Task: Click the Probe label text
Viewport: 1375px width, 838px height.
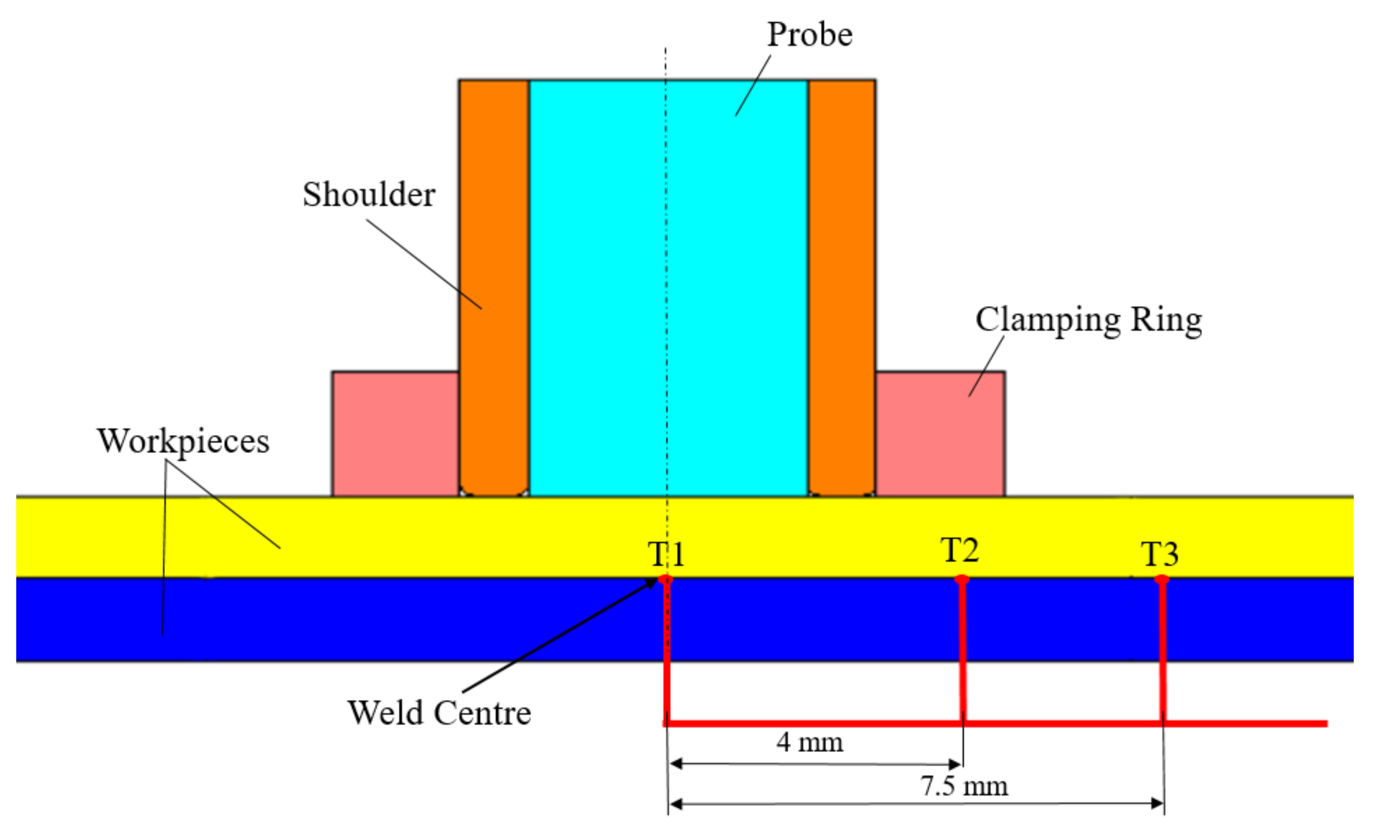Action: pos(810,34)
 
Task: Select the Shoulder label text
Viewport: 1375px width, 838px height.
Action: pos(369,195)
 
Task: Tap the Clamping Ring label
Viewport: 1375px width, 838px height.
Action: pos(1088,320)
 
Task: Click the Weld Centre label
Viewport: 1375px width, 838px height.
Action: pos(439,713)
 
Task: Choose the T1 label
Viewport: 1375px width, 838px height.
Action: pos(666,554)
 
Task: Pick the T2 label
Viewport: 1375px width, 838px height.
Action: pos(959,550)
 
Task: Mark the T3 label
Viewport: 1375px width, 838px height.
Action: pos(1159,554)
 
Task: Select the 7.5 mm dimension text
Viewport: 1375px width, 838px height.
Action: pos(964,786)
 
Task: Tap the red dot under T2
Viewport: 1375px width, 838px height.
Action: pos(961,580)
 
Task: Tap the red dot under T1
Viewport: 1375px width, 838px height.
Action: pos(665,580)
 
